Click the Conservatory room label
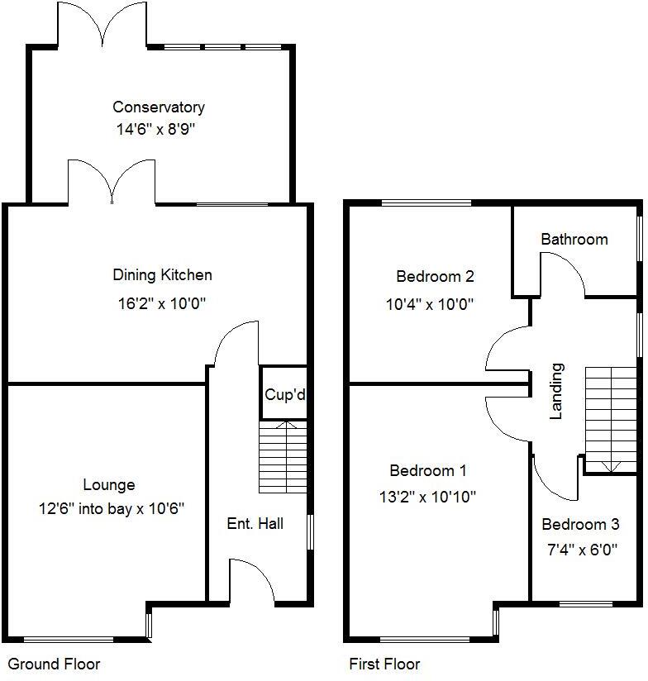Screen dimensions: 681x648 pos(159,107)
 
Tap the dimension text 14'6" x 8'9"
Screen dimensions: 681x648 pos(159,129)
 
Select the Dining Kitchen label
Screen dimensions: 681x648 pos(162,275)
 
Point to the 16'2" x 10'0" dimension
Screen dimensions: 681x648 pos(162,303)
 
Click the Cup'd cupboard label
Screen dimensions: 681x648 pos(284,395)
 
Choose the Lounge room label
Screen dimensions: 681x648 pos(108,485)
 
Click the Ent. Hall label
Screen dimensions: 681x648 pos(255,523)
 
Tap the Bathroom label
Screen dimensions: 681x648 pos(574,240)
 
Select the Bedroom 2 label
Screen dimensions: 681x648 pos(435,276)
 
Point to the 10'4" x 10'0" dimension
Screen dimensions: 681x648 pos(430,304)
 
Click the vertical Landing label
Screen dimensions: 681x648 pos(556,402)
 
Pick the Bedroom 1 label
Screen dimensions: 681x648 pos(428,471)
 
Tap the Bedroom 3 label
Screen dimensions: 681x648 pos(580,525)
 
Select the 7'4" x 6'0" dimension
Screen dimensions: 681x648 pos(580,550)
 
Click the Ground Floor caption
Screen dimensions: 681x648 pos(54,664)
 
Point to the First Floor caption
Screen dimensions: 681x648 pos(384,664)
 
